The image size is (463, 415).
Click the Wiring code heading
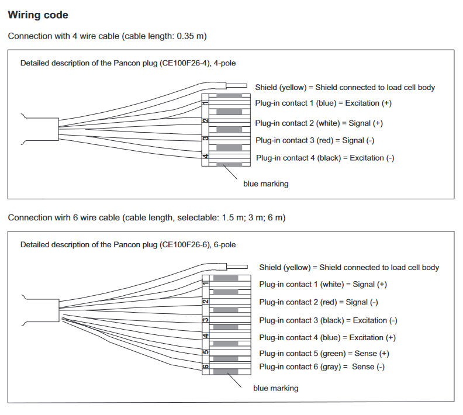(x=38, y=15)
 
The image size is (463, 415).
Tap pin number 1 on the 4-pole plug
(x=205, y=103)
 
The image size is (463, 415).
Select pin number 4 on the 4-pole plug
(x=205, y=156)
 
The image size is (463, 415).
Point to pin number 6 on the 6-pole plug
(x=206, y=366)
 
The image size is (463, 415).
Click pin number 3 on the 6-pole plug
(x=206, y=320)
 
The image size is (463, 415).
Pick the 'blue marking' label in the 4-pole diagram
(x=266, y=184)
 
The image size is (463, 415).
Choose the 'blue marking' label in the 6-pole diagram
(x=276, y=388)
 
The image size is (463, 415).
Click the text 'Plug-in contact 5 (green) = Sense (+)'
(x=324, y=353)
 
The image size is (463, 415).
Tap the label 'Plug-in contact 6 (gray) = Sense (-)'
(x=322, y=366)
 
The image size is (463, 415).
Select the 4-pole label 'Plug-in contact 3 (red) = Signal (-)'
(x=315, y=140)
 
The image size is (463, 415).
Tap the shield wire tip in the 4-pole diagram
(x=247, y=85)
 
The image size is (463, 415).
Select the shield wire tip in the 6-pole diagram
(x=247, y=267)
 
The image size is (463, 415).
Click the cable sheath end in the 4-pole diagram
(x=58, y=129)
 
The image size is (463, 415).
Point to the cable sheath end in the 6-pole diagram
(x=59, y=310)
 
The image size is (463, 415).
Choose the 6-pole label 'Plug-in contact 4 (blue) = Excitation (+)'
(x=327, y=338)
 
